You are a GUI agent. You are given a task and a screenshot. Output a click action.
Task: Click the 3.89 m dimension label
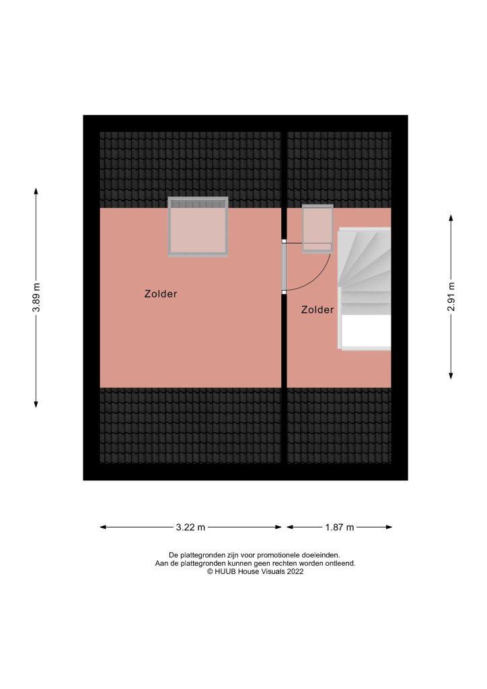pyautogui.click(x=36, y=297)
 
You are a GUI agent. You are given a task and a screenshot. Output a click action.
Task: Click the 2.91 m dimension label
pyautogui.click(x=451, y=297)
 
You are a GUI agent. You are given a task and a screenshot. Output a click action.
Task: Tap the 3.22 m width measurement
pyautogui.click(x=190, y=528)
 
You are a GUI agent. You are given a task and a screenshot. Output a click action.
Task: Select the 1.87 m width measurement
pyautogui.click(x=340, y=528)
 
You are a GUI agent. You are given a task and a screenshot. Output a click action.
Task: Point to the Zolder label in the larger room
pyautogui.click(x=161, y=294)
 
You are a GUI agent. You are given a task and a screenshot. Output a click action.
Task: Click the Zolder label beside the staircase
pyautogui.click(x=317, y=310)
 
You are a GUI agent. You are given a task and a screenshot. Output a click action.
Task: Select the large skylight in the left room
pyautogui.click(x=198, y=227)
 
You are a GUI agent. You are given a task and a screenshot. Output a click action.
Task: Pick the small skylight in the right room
pyautogui.click(x=317, y=228)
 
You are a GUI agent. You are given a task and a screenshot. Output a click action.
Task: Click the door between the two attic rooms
pyautogui.click(x=285, y=266)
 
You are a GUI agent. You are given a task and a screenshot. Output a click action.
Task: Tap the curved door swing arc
pyautogui.click(x=322, y=273)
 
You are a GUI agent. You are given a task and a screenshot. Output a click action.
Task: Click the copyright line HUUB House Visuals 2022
pyautogui.click(x=255, y=571)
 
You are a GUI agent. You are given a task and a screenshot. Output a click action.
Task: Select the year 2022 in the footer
pyautogui.click(x=295, y=571)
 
